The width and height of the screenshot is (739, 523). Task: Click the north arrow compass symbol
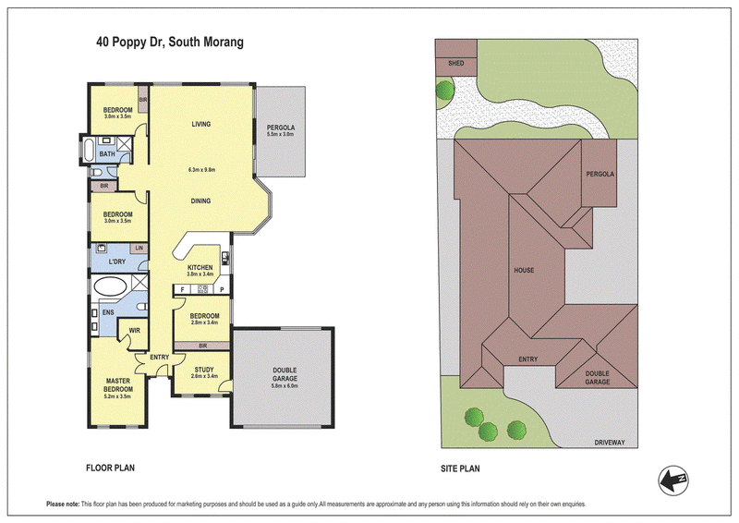pyautogui.click(x=673, y=480)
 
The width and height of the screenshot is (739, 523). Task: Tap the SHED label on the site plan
pyautogui.click(x=455, y=63)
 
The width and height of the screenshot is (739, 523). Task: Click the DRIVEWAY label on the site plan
pyautogui.click(x=610, y=443)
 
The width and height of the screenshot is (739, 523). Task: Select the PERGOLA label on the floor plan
pyautogui.click(x=281, y=128)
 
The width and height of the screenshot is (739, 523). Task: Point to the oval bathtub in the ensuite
pyautogui.click(x=110, y=286)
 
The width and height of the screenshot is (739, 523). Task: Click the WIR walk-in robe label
pyautogui.click(x=134, y=331)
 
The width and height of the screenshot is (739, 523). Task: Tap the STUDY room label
pyautogui.click(x=204, y=370)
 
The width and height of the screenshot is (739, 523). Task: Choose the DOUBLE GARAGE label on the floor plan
pyautogui.click(x=285, y=374)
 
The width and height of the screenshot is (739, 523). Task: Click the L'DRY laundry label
pyautogui.click(x=117, y=261)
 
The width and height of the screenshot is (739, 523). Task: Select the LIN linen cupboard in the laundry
pyautogui.click(x=139, y=248)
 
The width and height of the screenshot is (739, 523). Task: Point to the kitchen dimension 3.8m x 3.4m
pyautogui.click(x=200, y=274)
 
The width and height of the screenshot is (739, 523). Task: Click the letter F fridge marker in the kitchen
pyautogui.click(x=182, y=289)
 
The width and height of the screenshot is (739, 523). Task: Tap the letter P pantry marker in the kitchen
pyautogui.click(x=222, y=289)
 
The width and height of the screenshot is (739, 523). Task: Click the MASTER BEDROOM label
pyautogui.click(x=118, y=384)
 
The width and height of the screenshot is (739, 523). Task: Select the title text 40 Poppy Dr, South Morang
pyautogui.click(x=170, y=42)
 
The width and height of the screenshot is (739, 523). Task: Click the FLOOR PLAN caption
pyautogui.click(x=110, y=468)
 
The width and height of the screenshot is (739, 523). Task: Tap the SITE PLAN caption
pyautogui.click(x=460, y=468)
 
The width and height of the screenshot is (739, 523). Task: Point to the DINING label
pyautogui.click(x=200, y=201)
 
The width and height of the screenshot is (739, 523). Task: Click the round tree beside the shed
pyautogui.click(x=444, y=90)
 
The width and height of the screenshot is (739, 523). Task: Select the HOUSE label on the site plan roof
pyautogui.click(x=524, y=270)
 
